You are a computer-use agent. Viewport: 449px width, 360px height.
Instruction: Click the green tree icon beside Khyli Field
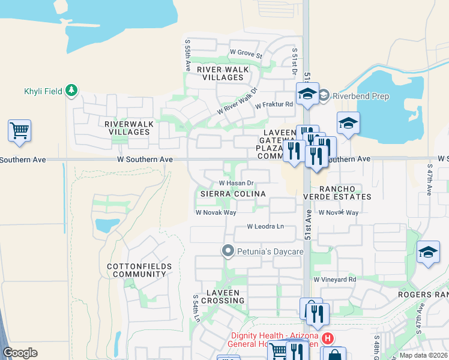pos(71,91)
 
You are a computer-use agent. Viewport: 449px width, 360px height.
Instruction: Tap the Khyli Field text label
pos(43,91)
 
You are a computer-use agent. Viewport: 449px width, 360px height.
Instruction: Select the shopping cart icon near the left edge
pos(19,130)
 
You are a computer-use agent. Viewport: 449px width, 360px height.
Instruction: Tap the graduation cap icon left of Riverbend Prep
pos(307,94)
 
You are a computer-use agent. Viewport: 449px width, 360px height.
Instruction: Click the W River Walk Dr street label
pos(237,103)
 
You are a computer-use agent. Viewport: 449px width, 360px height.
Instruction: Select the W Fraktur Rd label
pos(274,104)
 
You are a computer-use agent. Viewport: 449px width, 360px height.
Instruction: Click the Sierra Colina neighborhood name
pos(232,194)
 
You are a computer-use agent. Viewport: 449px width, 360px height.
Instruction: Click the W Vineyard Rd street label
pos(334,280)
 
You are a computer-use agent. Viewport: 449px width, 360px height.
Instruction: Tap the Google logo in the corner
pos(20,352)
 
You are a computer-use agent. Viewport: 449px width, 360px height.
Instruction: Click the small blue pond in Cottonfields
pos(107,226)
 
